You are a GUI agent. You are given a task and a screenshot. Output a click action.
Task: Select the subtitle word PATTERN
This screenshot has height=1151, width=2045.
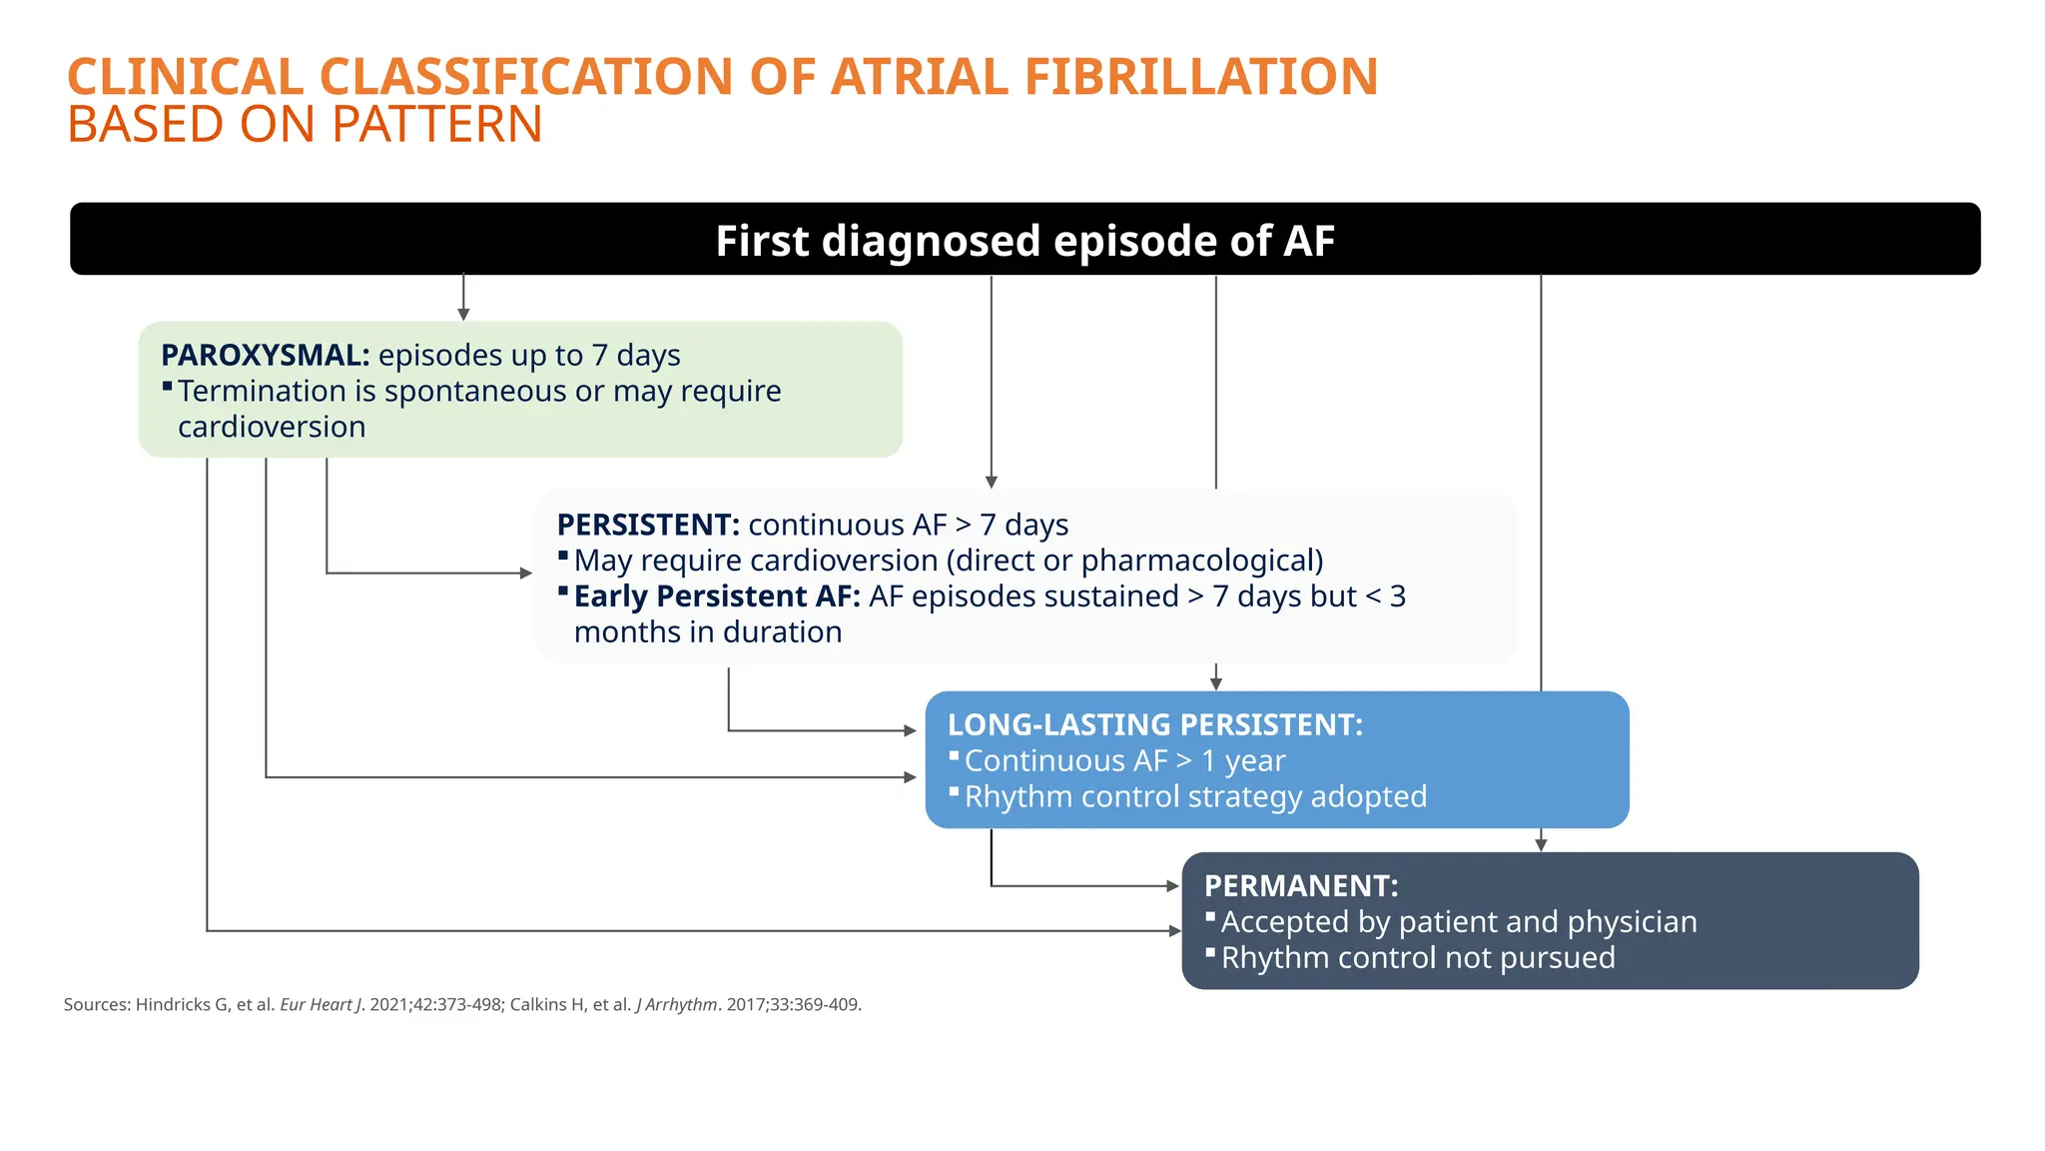(436, 126)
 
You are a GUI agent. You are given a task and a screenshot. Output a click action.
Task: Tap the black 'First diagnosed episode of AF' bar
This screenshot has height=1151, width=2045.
(1024, 240)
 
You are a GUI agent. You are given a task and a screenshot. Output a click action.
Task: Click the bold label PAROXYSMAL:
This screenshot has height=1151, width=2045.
(265, 356)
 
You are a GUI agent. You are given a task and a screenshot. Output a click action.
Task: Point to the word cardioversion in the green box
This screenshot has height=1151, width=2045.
(272, 428)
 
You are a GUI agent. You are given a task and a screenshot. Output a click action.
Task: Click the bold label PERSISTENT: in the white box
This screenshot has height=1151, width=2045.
(648, 526)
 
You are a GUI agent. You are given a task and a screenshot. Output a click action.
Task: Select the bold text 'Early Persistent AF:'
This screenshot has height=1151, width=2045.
(716, 596)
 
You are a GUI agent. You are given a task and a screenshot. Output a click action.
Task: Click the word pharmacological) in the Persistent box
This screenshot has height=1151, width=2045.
(1202, 561)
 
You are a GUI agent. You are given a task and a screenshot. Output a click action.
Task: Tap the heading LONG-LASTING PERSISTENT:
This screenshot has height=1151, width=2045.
(1154, 725)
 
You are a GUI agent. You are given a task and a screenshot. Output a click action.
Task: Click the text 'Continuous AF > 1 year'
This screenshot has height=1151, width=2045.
(1124, 761)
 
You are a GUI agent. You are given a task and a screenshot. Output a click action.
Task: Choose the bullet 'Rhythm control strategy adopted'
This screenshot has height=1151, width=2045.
(1195, 797)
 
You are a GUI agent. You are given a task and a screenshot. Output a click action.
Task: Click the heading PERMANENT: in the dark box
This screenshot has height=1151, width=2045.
(1300, 886)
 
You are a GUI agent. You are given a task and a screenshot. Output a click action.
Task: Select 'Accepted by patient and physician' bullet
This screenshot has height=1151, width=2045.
(1458, 922)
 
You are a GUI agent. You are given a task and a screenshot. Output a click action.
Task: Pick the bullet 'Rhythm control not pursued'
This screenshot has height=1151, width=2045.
(1417, 958)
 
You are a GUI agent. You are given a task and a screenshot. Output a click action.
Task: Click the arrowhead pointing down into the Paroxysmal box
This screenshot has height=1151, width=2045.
(463, 314)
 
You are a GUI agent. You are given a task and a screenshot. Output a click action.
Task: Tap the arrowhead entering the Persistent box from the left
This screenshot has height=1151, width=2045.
(526, 574)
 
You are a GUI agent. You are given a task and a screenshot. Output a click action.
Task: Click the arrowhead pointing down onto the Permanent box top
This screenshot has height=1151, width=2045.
(1541, 845)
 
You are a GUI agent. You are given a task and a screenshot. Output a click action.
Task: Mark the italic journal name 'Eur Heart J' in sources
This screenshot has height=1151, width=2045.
(321, 1005)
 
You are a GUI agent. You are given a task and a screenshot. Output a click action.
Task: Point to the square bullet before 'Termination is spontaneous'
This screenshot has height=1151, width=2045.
(167, 386)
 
